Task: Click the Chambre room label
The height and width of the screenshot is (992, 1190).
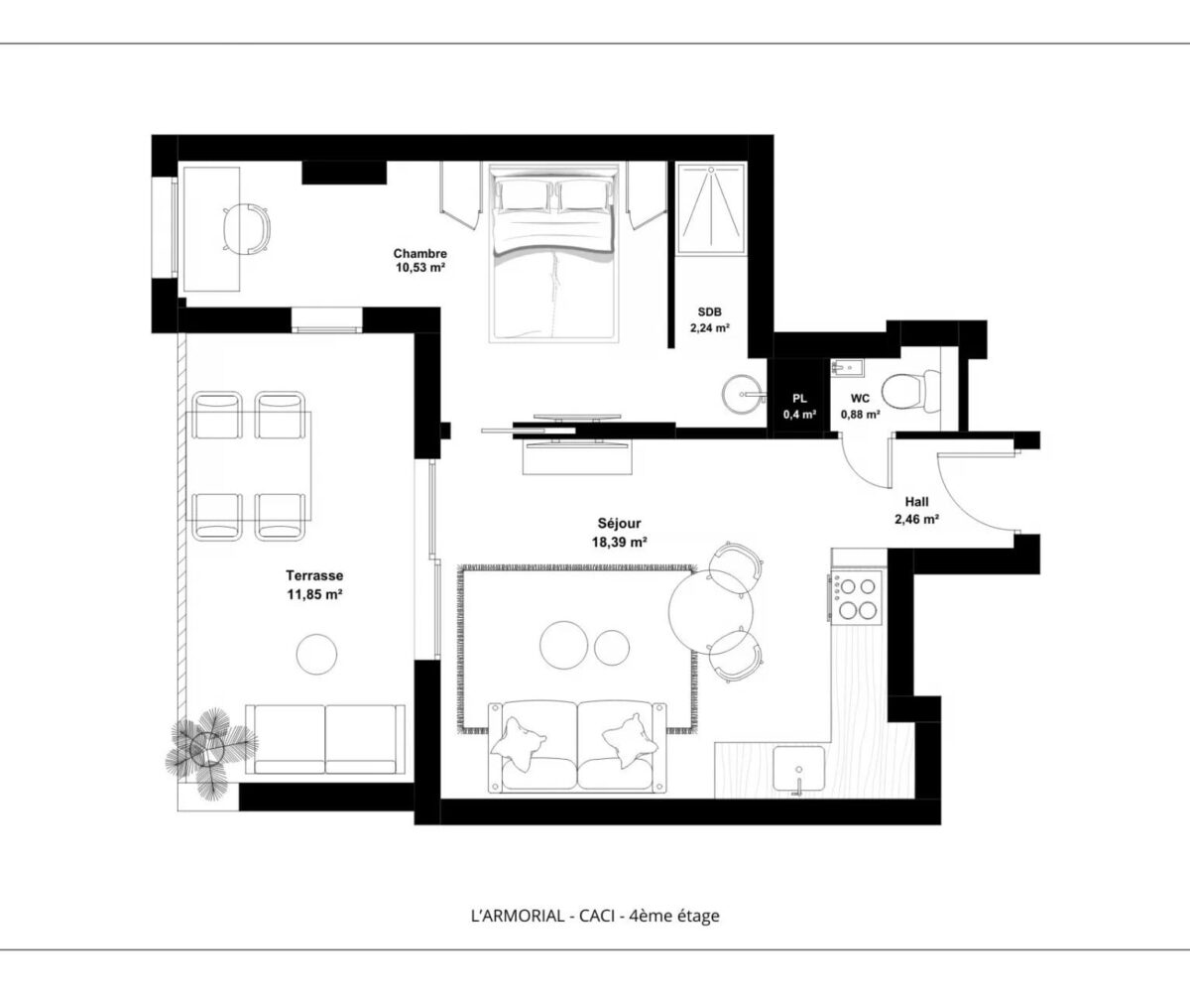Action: [420, 253]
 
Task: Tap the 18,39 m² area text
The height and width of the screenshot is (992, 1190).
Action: [619, 542]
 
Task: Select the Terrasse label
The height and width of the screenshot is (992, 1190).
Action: [314, 575]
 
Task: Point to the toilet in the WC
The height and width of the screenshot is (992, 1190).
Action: [910, 392]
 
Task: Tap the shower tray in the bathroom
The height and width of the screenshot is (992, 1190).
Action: [711, 209]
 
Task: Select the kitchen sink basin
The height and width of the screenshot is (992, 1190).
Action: [798, 769]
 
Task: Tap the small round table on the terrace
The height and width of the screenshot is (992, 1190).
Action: [316, 654]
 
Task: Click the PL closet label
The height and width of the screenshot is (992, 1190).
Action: [799, 399]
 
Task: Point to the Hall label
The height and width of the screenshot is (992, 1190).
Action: [916, 502]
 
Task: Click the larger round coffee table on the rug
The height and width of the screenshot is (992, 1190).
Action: [563, 645]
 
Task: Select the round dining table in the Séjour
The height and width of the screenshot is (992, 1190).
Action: [710, 611]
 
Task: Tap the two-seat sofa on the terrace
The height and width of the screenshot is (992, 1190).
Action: [325, 739]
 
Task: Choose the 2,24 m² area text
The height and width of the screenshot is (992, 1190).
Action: [710, 327]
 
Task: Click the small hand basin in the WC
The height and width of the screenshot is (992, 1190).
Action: [847, 368]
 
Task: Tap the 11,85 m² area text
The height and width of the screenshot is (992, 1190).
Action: [314, 594]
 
